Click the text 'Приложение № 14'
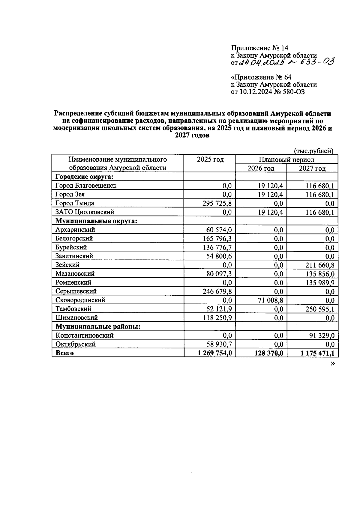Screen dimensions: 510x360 pos(259,48)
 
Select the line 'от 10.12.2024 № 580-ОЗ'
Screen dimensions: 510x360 pos(268,92)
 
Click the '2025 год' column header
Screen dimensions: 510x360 pos(210,160)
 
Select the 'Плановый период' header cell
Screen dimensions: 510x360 pos(286,160)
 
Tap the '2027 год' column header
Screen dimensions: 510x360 pos(312,168)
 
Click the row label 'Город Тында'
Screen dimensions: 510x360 pos(75,203)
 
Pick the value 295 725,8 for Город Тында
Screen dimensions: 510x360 pos(217,204)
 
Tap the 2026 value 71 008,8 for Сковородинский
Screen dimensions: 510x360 pos(268,300)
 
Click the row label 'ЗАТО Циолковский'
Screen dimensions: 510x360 pos(85,212)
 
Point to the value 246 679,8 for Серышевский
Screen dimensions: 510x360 pos(217,291)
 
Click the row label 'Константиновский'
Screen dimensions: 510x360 pos(84,336)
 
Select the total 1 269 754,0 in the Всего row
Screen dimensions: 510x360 pos(214,353)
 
